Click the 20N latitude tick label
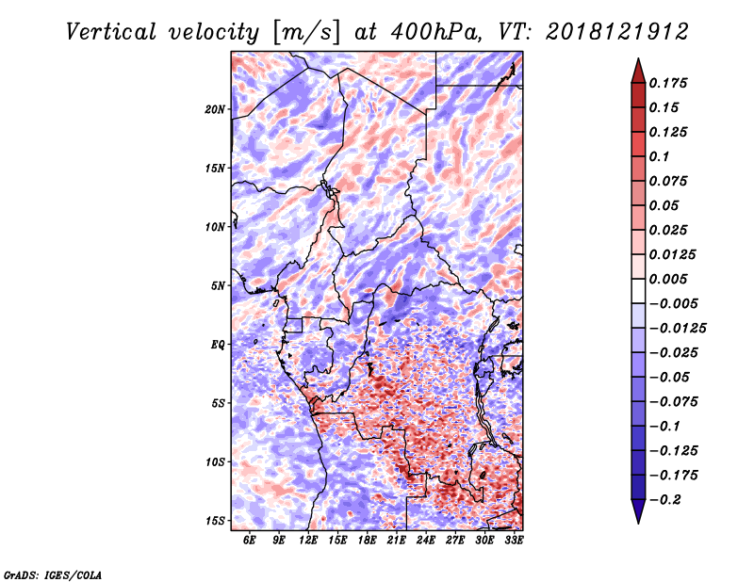coord(216,109)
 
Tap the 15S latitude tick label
coord(216,521)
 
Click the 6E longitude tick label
coord(250,539)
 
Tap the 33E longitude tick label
coord(514,539)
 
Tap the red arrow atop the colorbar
coord(637,70)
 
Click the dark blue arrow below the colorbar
coord(637,511)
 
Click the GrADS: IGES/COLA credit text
coord(53,574)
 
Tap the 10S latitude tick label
coord(216,462)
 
